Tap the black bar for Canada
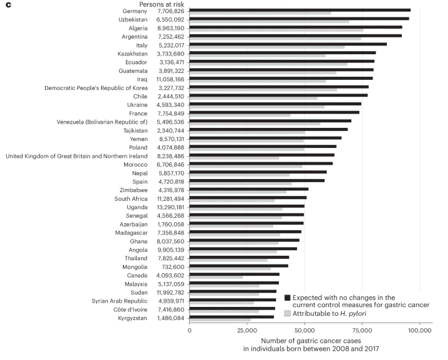[234, 274]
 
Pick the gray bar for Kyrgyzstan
[220, 320]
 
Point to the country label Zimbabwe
[134, 190]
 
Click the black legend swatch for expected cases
[288, 298]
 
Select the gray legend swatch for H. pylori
[288, 313]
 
